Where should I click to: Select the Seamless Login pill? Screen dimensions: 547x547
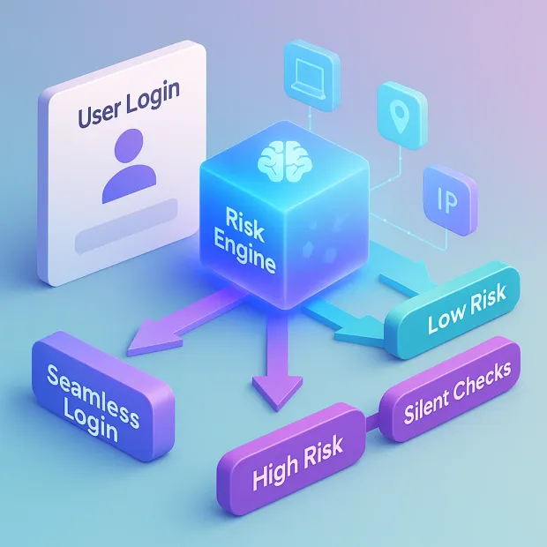pyautogui.click(x=98, y=399)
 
